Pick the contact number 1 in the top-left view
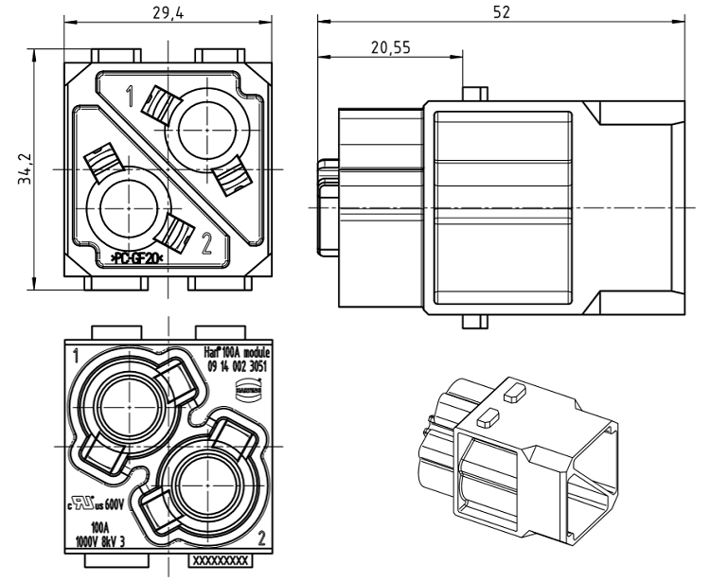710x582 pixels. pyautogui.click(x=130, y=95)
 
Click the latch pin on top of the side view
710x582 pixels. pyautogui.click(x=470, y=95)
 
